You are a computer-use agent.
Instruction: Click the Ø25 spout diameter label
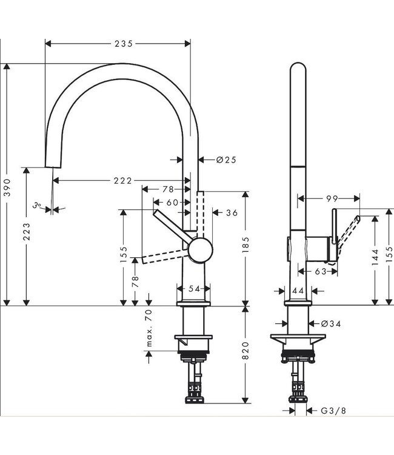(225, 160)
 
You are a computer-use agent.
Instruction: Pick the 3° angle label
(38, 207)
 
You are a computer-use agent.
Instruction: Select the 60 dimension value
(173, 202)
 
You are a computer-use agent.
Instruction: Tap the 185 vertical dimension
(245, 248)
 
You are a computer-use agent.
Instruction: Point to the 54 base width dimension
(194, 289)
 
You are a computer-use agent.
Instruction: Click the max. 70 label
(149, 328)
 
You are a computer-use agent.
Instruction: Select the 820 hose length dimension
(245, 352)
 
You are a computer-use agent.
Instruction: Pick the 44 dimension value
(297, 291)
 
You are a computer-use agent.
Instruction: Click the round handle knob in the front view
(200, 249)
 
